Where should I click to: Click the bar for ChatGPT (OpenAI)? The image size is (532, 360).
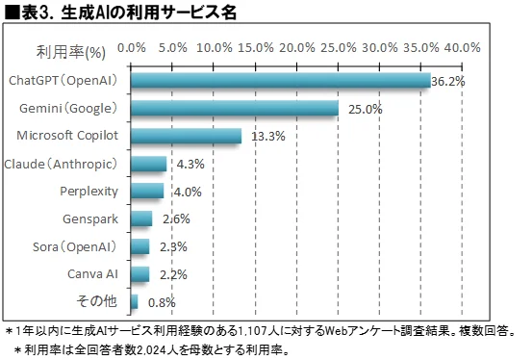click(279, 80)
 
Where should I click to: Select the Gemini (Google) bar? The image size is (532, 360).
click(234, 108)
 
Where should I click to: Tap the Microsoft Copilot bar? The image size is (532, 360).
click(185, 136)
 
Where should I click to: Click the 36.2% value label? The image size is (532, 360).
click(448, 82)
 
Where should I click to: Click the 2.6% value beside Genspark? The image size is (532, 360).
click(176, 219)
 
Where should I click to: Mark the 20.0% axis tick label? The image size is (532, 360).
click(297, 47)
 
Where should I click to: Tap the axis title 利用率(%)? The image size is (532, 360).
click(70, 48)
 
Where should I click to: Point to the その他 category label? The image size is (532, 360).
click(97, 302)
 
